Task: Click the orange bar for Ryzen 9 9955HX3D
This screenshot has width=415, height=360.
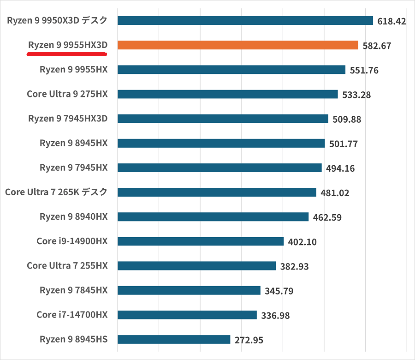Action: [238, 45]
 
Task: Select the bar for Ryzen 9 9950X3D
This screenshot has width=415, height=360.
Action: [245, 21]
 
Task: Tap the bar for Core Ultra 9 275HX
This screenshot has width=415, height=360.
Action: [228, 94]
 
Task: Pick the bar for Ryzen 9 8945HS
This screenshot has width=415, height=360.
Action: [174, 340]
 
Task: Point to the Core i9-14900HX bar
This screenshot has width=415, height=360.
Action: [201, 241]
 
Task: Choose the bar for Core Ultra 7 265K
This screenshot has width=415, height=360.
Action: [217, 192]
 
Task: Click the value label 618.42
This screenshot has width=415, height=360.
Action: [391, 21]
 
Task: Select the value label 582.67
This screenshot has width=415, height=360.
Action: [377, 46]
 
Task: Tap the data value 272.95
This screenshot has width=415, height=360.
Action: [249, 340]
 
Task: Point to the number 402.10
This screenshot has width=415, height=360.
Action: [302, 242]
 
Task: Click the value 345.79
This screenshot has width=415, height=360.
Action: [279, 291]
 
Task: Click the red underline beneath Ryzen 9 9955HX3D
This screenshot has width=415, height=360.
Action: [67, 54]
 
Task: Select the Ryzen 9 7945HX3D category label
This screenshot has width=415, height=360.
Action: [68, 119]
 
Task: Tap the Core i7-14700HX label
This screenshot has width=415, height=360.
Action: [72, 315]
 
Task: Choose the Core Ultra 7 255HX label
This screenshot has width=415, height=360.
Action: [67, 265]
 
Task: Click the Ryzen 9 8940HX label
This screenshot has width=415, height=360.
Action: [74, 216]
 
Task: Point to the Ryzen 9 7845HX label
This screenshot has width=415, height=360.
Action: [74, 290]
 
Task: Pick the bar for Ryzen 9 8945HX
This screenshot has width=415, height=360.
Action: [221, 144]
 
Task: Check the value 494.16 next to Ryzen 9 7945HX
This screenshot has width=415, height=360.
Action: [340, 168]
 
